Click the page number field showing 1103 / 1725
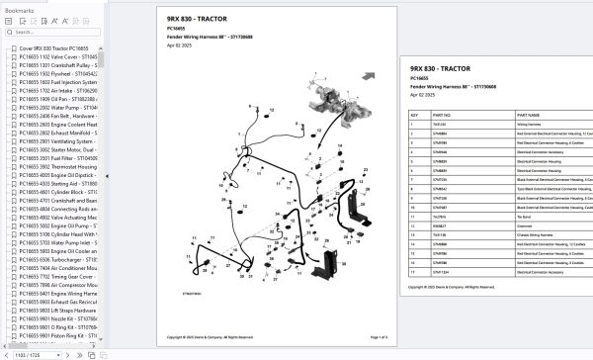pos(30,353)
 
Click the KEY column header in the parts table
pos(414,116)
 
